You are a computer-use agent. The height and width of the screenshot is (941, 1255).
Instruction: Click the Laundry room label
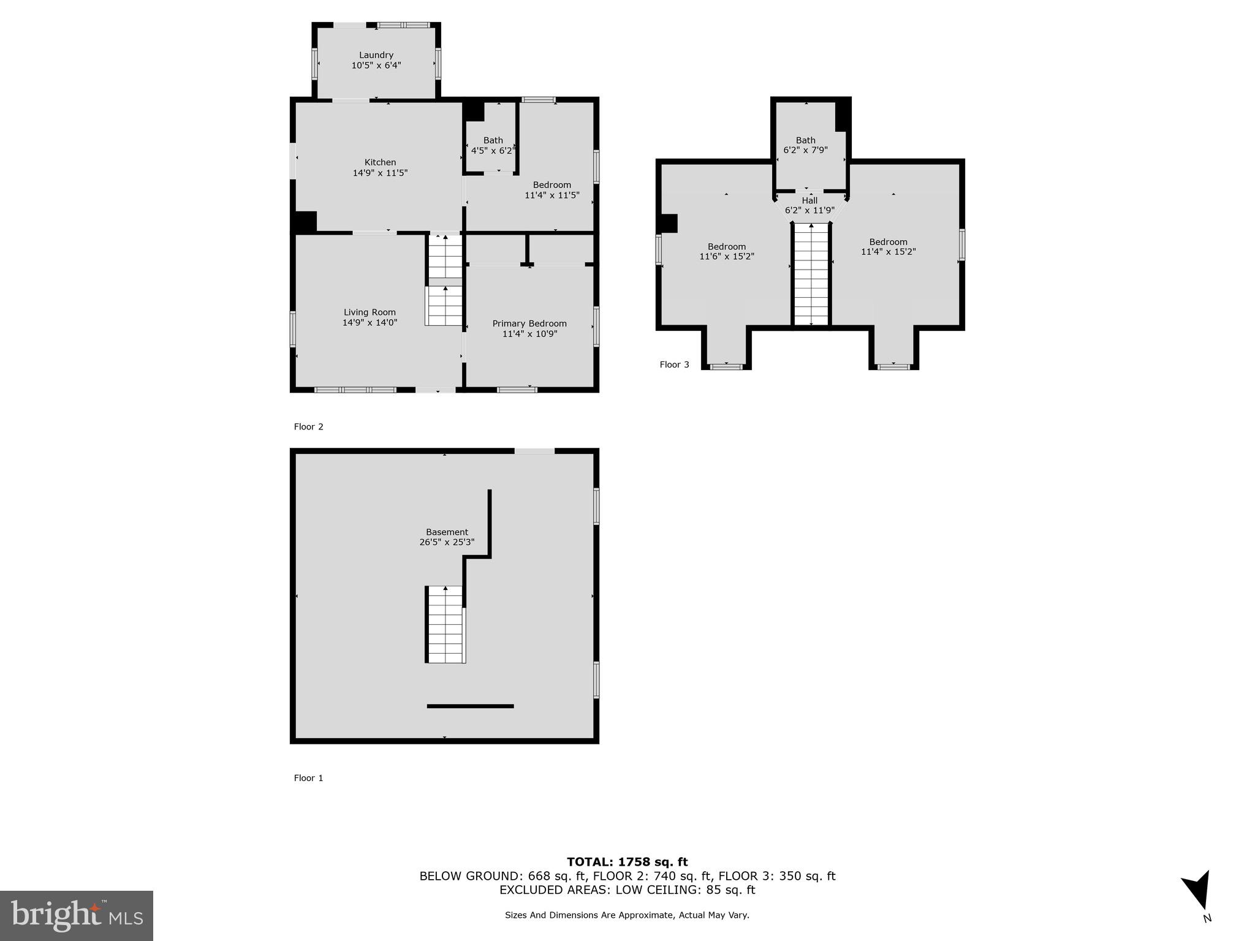[376, 55]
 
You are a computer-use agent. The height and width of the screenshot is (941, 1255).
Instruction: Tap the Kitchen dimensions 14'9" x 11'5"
[380, 173]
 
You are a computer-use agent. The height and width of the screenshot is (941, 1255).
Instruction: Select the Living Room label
[370, 312]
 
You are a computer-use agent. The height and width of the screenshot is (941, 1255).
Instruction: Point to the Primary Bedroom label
[529, 323]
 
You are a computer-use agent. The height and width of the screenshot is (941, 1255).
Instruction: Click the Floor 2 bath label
[493, 140]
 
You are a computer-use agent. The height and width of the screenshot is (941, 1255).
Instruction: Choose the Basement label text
[447, 532]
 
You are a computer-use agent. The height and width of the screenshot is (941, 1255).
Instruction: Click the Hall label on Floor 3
[809, 200]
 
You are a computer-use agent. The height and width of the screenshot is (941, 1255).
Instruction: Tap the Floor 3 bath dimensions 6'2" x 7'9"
[805, 150]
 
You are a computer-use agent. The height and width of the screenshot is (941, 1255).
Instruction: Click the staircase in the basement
[445, 624]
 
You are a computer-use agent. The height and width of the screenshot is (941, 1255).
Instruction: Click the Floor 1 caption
[308, 778]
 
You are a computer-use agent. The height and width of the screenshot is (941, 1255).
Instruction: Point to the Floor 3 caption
[674, 365]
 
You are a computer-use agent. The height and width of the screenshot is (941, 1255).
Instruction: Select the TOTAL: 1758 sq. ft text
[627, 862]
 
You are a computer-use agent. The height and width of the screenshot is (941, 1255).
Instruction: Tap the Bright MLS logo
[77, 915]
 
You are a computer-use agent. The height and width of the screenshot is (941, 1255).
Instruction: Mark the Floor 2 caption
[308, 427]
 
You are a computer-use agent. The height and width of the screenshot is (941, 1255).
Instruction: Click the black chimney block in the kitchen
[305, 221]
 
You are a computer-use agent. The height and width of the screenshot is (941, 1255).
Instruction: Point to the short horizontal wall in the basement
[470, 706]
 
